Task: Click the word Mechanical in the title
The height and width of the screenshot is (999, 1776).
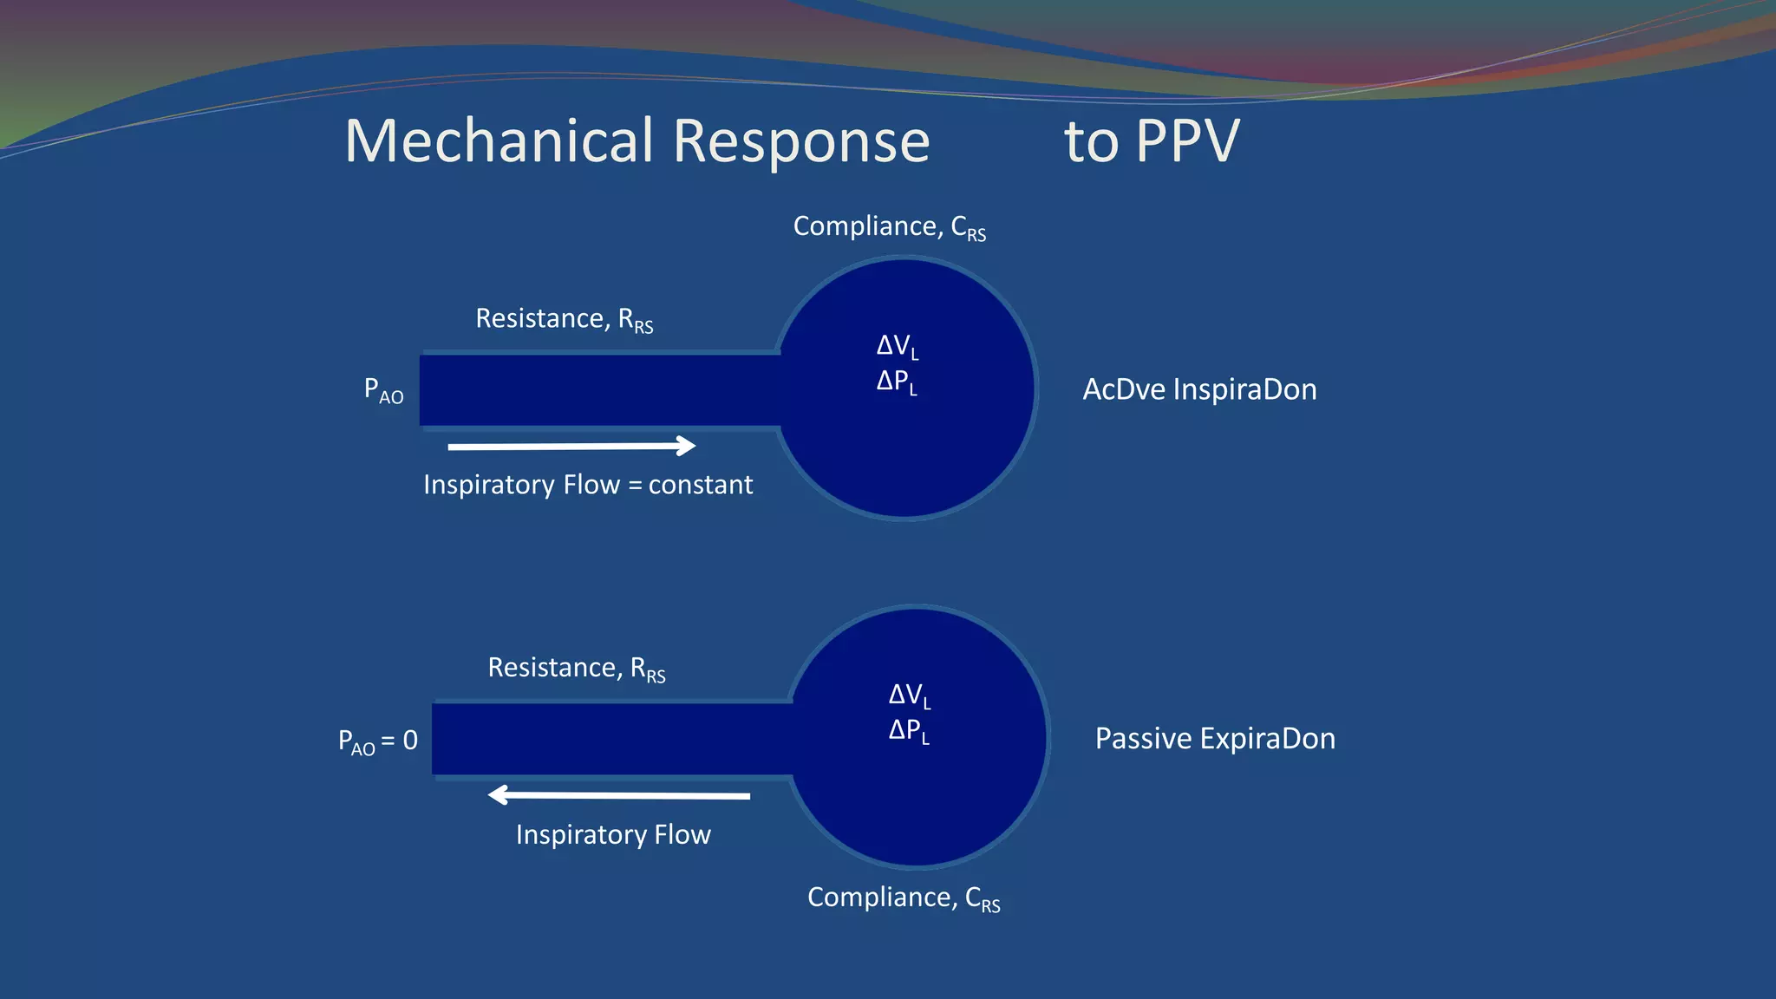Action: coord(499,140)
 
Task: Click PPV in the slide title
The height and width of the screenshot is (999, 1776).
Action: coord(1187,140)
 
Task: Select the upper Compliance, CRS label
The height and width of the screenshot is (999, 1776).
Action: coord(889,227)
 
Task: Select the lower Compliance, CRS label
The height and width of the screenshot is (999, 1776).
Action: coord(903,898)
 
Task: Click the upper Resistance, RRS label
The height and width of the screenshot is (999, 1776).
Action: coord(564,319)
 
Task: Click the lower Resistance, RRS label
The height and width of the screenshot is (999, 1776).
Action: coord(576,669)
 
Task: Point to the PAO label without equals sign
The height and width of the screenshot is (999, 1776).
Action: coord(383,390)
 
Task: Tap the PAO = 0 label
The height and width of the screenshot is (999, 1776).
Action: coord(377,741)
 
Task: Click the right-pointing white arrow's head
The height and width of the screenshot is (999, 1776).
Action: coord(687,446)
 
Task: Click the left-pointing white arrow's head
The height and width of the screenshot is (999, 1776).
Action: coord(498,794)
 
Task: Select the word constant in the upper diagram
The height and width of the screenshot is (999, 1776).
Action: coord(701,485)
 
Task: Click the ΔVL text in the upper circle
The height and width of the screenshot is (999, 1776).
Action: coord(897,346)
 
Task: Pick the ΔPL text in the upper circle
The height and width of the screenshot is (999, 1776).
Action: coord(897,382)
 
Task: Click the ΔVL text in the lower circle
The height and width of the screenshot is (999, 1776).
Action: coord(909,695)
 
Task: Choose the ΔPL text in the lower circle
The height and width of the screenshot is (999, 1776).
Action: coord(909,731)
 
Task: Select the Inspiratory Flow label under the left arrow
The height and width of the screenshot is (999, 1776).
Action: coord(613,834)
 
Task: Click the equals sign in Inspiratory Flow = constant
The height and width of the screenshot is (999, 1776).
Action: coord(635,486)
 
